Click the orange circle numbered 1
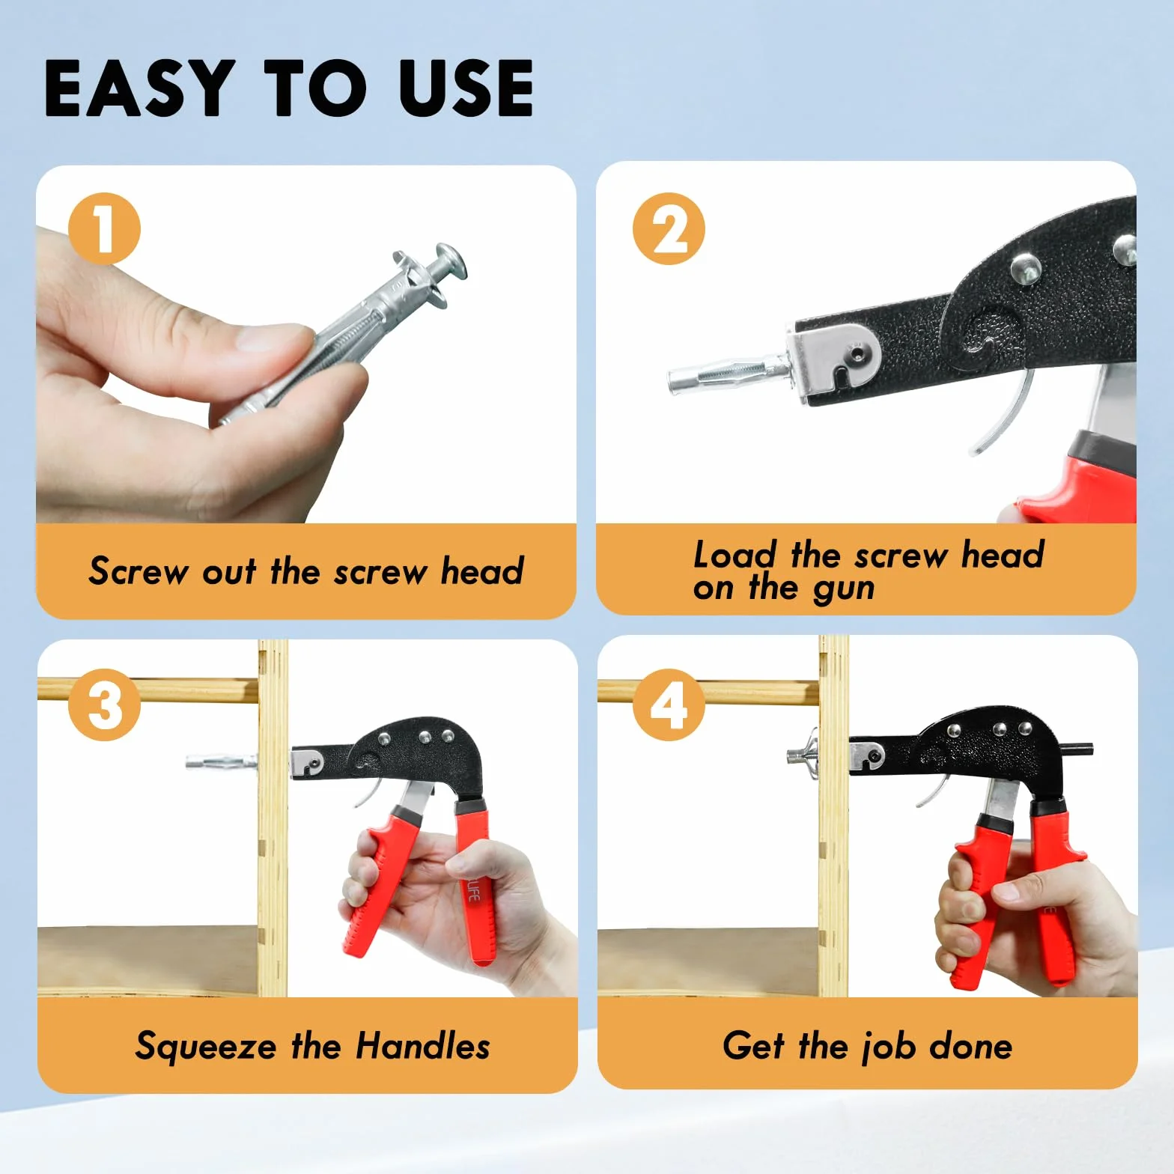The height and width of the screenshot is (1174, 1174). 104,228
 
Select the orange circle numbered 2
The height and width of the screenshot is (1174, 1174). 669,228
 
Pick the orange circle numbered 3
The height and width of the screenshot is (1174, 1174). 104,705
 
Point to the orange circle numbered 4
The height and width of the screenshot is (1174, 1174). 669,705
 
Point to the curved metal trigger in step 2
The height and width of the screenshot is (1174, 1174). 1003,412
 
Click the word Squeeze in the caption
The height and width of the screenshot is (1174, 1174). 205,1046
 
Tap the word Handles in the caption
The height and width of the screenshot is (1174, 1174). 422,1045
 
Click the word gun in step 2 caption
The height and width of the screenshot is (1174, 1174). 843,589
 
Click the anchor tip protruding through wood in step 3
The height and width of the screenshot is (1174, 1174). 222,762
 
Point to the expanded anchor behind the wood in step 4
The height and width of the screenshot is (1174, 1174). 803,753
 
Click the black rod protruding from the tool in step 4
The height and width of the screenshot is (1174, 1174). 1078,747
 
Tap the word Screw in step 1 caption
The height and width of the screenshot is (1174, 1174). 139,571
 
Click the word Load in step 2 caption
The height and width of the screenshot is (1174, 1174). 734,555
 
